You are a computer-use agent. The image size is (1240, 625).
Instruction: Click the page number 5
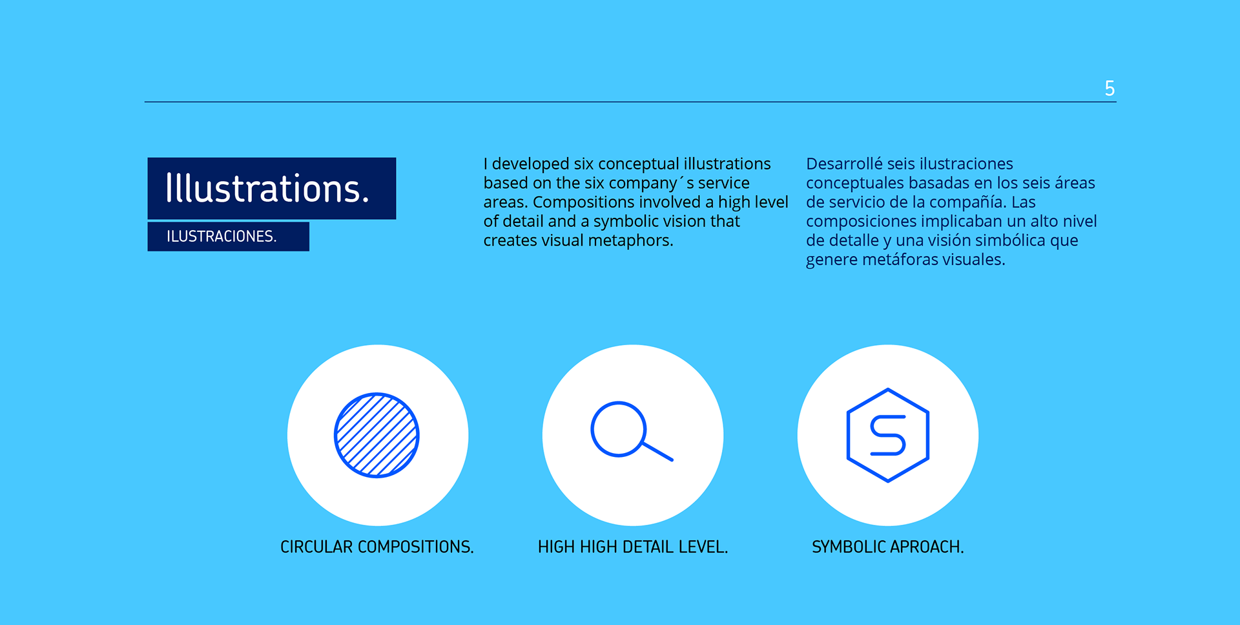(1110, 88)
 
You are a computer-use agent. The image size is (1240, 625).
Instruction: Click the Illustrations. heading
(267, 188)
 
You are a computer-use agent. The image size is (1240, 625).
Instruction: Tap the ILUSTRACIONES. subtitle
(222, 237)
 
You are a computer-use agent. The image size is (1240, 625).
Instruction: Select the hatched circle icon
(377, 435)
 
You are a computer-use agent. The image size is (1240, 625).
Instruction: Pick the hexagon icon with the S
(888, 435)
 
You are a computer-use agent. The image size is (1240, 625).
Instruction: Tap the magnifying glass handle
(658, 452)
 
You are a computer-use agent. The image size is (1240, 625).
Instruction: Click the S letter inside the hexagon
(888, 435)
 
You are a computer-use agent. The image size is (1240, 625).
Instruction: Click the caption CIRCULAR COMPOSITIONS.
(377, 547)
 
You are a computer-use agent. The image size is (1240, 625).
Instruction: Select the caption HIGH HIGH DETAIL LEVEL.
(633, 547)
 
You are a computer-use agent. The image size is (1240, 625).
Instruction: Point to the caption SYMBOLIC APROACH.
(888, 547)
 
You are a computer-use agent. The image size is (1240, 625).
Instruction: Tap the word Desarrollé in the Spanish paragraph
(844, 164)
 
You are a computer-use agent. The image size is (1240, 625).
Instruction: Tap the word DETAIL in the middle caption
(648, 547)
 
